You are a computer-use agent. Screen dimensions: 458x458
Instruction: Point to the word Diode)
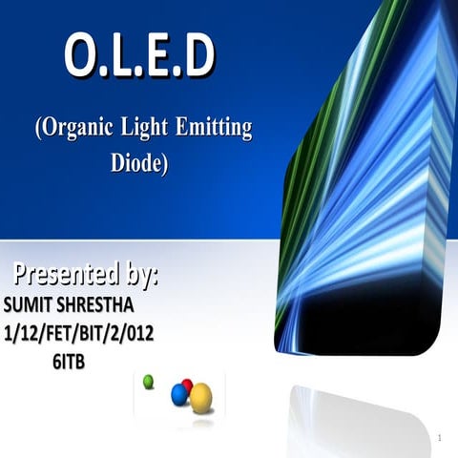coord(139,162)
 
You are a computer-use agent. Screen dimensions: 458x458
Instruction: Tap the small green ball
coord(148,382)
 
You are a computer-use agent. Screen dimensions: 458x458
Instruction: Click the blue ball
coord(178,394)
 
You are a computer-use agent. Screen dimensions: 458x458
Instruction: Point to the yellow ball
coord(200,397)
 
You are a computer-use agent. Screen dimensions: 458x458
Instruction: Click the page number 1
coord(440,438)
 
